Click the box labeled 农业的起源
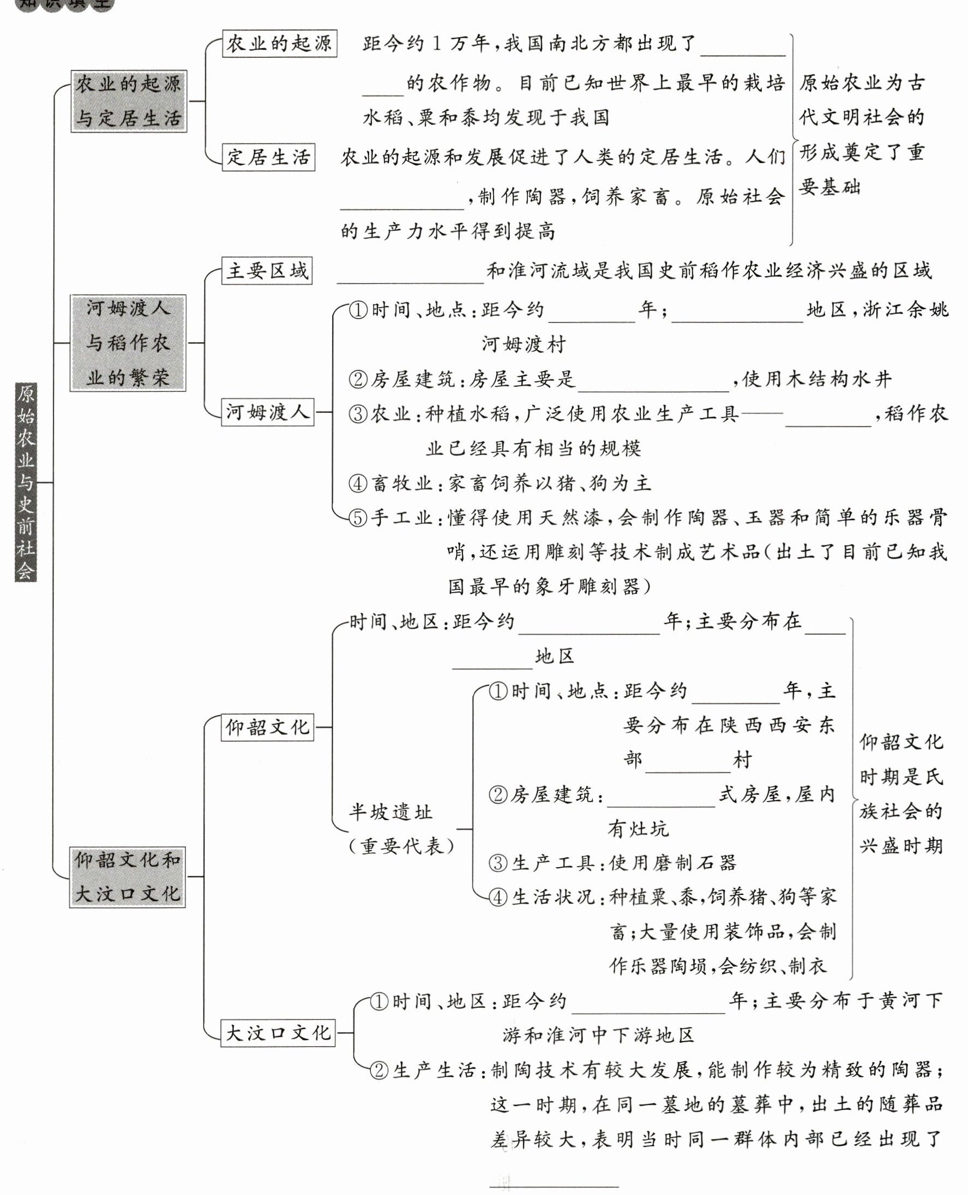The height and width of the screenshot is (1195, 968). tap(279, 44)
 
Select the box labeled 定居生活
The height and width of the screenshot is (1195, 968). tap(268, 157)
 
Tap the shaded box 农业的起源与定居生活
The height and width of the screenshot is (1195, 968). tap(129, 101)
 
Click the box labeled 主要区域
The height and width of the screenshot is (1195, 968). tap(267, 271)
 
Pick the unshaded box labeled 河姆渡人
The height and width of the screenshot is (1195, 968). tap(268, 413)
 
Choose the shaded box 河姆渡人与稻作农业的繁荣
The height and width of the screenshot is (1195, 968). tap(128, 343)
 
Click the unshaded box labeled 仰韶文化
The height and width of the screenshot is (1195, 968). tap(267, 727)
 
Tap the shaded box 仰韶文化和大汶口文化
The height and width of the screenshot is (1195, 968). tap(127, 877)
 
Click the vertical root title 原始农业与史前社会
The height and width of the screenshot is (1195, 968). tap(26, 482)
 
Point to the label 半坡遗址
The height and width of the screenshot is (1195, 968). tap(391, 812)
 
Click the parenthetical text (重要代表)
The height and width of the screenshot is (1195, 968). tap(401, 846)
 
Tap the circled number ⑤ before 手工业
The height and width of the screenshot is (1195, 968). tap(358, 518)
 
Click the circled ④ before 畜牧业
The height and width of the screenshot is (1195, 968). tap(358, 483)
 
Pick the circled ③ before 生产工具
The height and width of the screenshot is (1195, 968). tap(498, 863)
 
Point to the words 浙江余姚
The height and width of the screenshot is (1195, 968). tap(905, 309)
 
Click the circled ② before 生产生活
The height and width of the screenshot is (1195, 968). tap(379, 1070)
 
